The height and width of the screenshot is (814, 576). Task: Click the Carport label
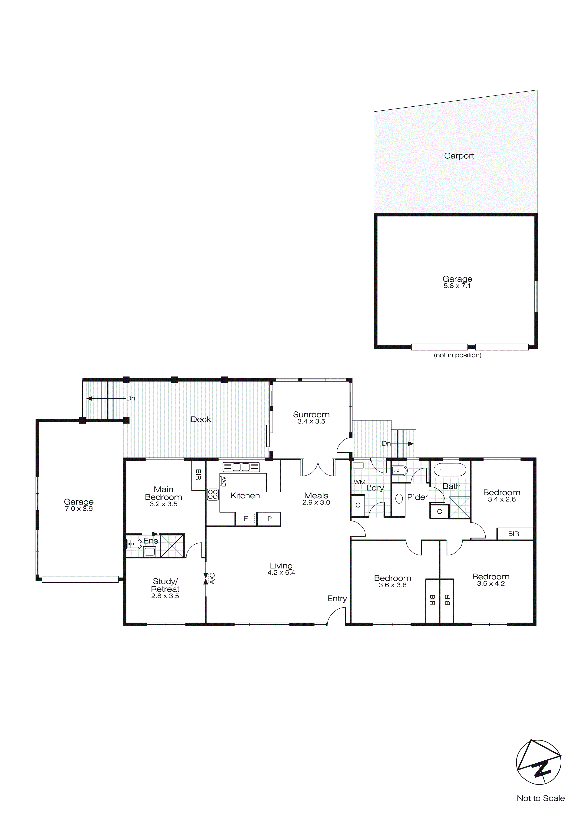coord(459,156)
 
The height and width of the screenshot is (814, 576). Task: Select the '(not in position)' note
coord(458,355)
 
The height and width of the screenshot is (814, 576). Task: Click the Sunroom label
coord(311,414)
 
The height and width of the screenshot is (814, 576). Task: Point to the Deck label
coord(201,419)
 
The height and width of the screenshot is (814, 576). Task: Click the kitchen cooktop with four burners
coord(213,495)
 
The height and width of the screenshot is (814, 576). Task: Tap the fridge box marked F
coord(246,519)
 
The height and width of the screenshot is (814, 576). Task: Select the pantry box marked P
coord(269,519)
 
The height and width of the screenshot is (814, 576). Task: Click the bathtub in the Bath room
coord(450,470)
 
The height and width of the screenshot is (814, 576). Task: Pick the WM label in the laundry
coord(359,482)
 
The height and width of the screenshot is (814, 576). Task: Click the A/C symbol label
coord(212,579)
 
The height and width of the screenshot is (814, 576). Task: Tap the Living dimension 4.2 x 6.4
coord(281,573)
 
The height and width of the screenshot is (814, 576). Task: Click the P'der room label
coord(418,497)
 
